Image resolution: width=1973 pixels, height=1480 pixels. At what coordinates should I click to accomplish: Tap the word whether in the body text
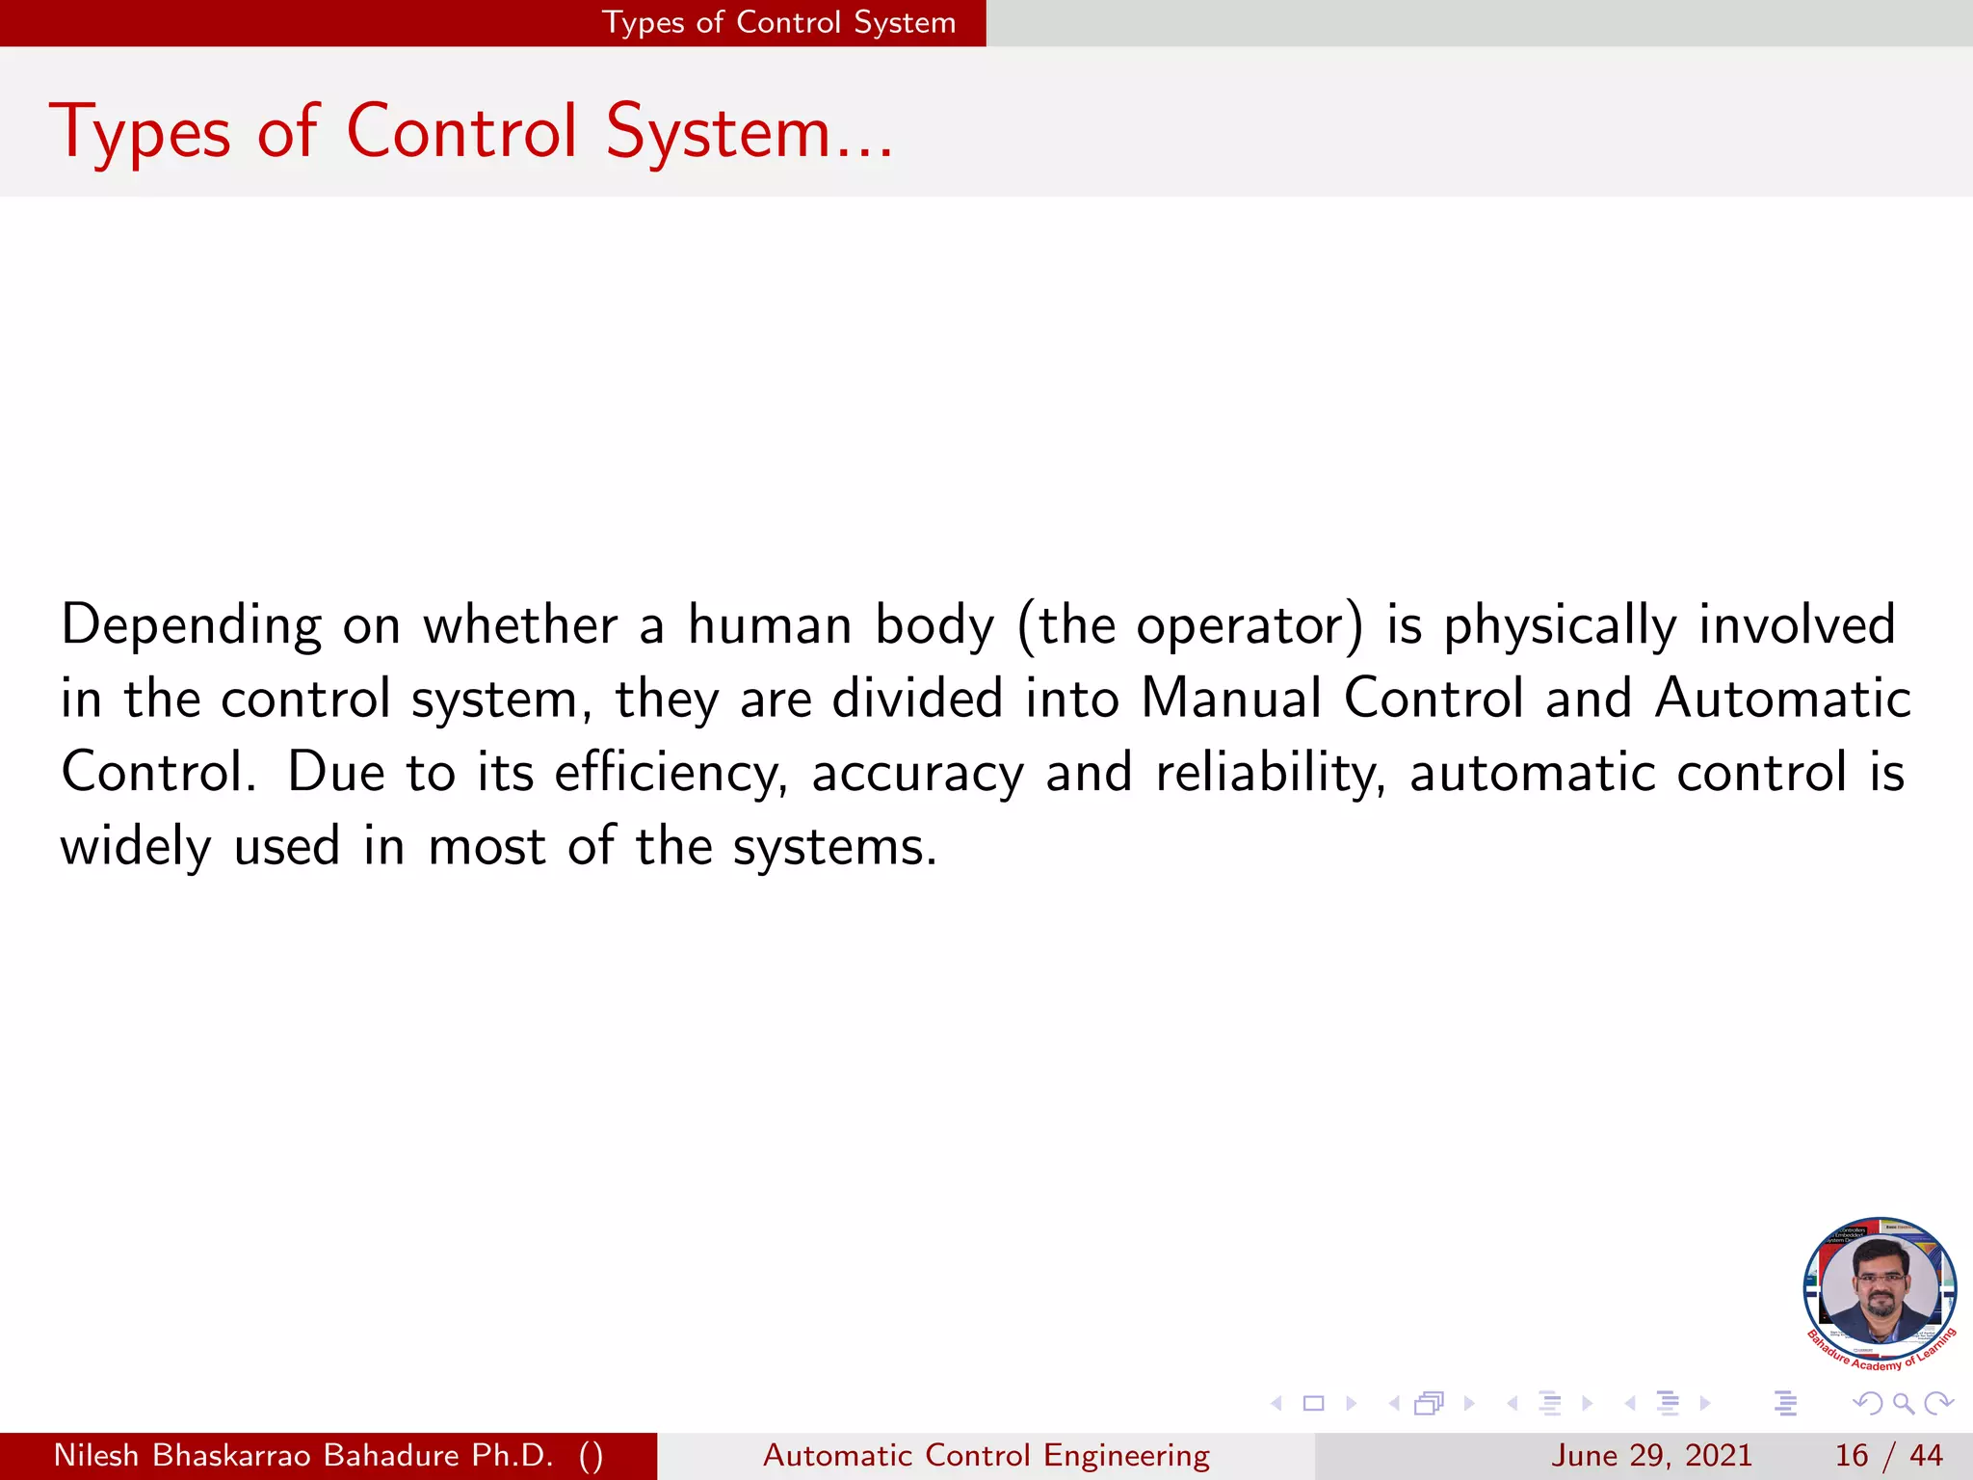click(520, 624)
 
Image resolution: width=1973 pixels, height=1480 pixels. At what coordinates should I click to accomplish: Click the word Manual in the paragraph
click(1230, 698)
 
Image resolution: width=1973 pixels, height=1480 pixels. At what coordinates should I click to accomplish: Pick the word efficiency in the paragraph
click(671, 774)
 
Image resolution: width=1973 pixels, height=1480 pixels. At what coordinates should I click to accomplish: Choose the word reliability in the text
click(1271, 774)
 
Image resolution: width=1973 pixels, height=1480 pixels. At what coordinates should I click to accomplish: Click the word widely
click(136, 847)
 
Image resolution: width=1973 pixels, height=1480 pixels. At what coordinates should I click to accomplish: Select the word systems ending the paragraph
click(834, 847)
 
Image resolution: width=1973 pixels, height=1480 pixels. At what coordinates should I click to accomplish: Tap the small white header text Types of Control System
click(778, 22)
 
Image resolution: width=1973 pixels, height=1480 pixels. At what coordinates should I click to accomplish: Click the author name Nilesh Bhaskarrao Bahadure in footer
click(303, 1455)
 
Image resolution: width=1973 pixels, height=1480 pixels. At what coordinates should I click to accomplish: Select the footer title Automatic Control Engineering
click(986, 1455)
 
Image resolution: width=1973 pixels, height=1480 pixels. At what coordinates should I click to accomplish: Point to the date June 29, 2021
click(1650, 1455)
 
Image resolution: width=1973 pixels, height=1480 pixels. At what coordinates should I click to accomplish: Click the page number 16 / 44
click(1888, 1455)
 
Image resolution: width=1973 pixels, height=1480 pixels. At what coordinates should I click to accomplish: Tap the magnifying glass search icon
click(1903, 1404)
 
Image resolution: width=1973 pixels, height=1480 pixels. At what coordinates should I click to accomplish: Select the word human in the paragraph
click(769, 624)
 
